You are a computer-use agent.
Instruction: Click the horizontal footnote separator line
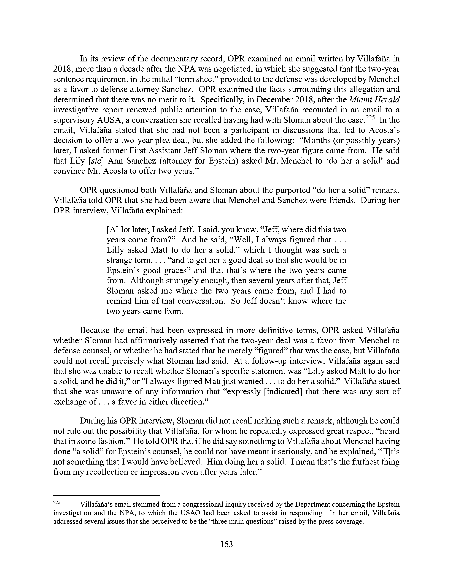107,495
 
